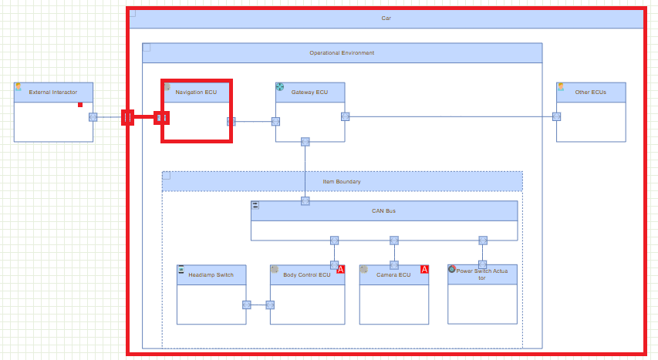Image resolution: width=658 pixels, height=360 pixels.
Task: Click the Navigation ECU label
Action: pos(196,93)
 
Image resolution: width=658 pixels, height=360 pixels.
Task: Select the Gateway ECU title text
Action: pos(309,93)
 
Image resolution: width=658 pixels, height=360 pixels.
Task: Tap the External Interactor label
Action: pos(53,93)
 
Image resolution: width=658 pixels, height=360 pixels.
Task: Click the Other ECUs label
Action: pos(591,93)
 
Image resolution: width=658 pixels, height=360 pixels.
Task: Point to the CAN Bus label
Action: pos(383,210)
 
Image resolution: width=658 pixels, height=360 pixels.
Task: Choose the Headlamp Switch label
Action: pos(211,274)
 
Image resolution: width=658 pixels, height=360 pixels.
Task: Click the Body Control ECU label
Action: pos(306,274)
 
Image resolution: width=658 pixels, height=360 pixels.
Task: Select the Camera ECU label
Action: pos(393,274)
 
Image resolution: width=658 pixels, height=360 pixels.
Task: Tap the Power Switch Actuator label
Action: pos(482,274)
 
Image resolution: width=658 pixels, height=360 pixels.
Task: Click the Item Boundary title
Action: pos(342,182)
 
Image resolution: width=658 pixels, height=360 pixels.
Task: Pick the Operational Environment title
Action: pos(342,53)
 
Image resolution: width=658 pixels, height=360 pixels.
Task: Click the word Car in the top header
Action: pos(386,18)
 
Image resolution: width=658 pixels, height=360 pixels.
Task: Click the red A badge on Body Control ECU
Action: pos(341,269)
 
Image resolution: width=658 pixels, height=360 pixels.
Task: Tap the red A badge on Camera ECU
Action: pos(424,269)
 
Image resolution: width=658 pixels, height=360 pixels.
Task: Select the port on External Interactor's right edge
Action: pos(93,117)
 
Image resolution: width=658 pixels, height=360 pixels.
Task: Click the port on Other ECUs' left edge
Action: pos(556,116)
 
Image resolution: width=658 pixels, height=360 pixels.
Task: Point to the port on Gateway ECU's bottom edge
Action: pos(305,141)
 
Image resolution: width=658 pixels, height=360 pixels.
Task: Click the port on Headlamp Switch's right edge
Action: pos(246,304)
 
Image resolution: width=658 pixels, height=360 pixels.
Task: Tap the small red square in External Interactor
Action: pos(80,105)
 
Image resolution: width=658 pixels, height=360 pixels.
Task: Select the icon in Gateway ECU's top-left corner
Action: pos(280,87)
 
